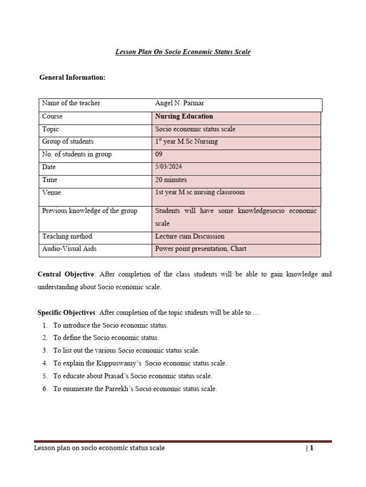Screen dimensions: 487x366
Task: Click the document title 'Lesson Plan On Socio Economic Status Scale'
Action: point(183,52)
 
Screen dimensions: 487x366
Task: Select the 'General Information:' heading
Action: point(72,78)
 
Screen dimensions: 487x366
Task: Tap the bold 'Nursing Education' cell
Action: point(184,117)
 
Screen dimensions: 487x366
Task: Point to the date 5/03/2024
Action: point(168,167)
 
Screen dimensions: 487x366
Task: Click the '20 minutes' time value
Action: point(171,180)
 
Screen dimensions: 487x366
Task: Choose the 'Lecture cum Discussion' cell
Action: point(190,236)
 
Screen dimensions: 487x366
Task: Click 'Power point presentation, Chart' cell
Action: point(201,249)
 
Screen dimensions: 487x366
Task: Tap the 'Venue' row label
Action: point(51,193)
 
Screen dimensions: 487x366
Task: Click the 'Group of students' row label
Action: point(68,141)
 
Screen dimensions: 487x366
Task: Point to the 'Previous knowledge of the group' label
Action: point(90,211)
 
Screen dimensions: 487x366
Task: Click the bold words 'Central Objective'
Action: point(67,275)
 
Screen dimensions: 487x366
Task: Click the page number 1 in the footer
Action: point(311,448)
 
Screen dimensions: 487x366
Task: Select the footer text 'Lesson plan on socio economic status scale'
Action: point(99,448)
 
